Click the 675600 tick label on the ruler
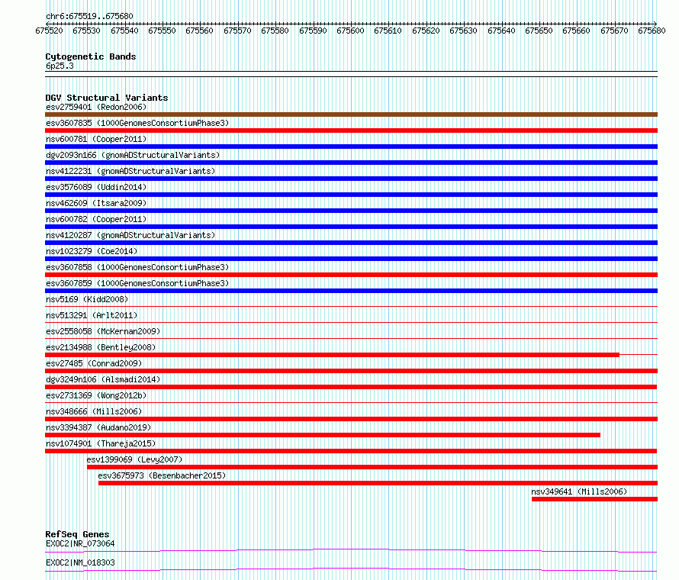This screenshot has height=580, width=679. click(x=350, y=31)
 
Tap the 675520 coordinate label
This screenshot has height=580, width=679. click(x=49, y=31)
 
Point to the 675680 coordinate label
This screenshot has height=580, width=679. click(x=652, y=31)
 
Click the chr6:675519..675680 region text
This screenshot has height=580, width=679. click(x=89, y=17)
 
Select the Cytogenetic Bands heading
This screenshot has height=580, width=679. click(x=91, y=56)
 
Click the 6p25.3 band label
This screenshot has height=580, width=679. click(x=60, y=66)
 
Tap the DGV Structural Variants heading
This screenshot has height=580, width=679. click(x=107, y=98)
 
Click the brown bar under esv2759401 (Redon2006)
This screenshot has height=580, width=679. click(x=351, y=114)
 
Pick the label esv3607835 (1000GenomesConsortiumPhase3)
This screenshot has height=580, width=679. click(x=137, y=123)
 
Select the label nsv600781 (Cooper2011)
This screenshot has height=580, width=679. click(x=96, y=139)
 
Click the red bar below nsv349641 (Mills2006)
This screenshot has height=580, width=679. click(x=594, y=499)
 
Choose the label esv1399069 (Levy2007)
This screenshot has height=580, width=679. click(x=134, y=459)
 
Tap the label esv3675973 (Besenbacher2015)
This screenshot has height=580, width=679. click(x=162, y=475)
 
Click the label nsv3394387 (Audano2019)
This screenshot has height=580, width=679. click(x=98, y=427)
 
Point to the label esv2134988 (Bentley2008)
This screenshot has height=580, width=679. click(x=101, y=347)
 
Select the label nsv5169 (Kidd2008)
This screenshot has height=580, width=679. click(x=87, y=299)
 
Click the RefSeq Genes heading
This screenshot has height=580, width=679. click(x=77, y=534)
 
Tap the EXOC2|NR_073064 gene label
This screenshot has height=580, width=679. click(x=80, y=543)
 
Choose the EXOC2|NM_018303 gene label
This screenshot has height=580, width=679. click(x=80, y=562)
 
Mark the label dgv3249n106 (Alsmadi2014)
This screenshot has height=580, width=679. click(x=103, y=379)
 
